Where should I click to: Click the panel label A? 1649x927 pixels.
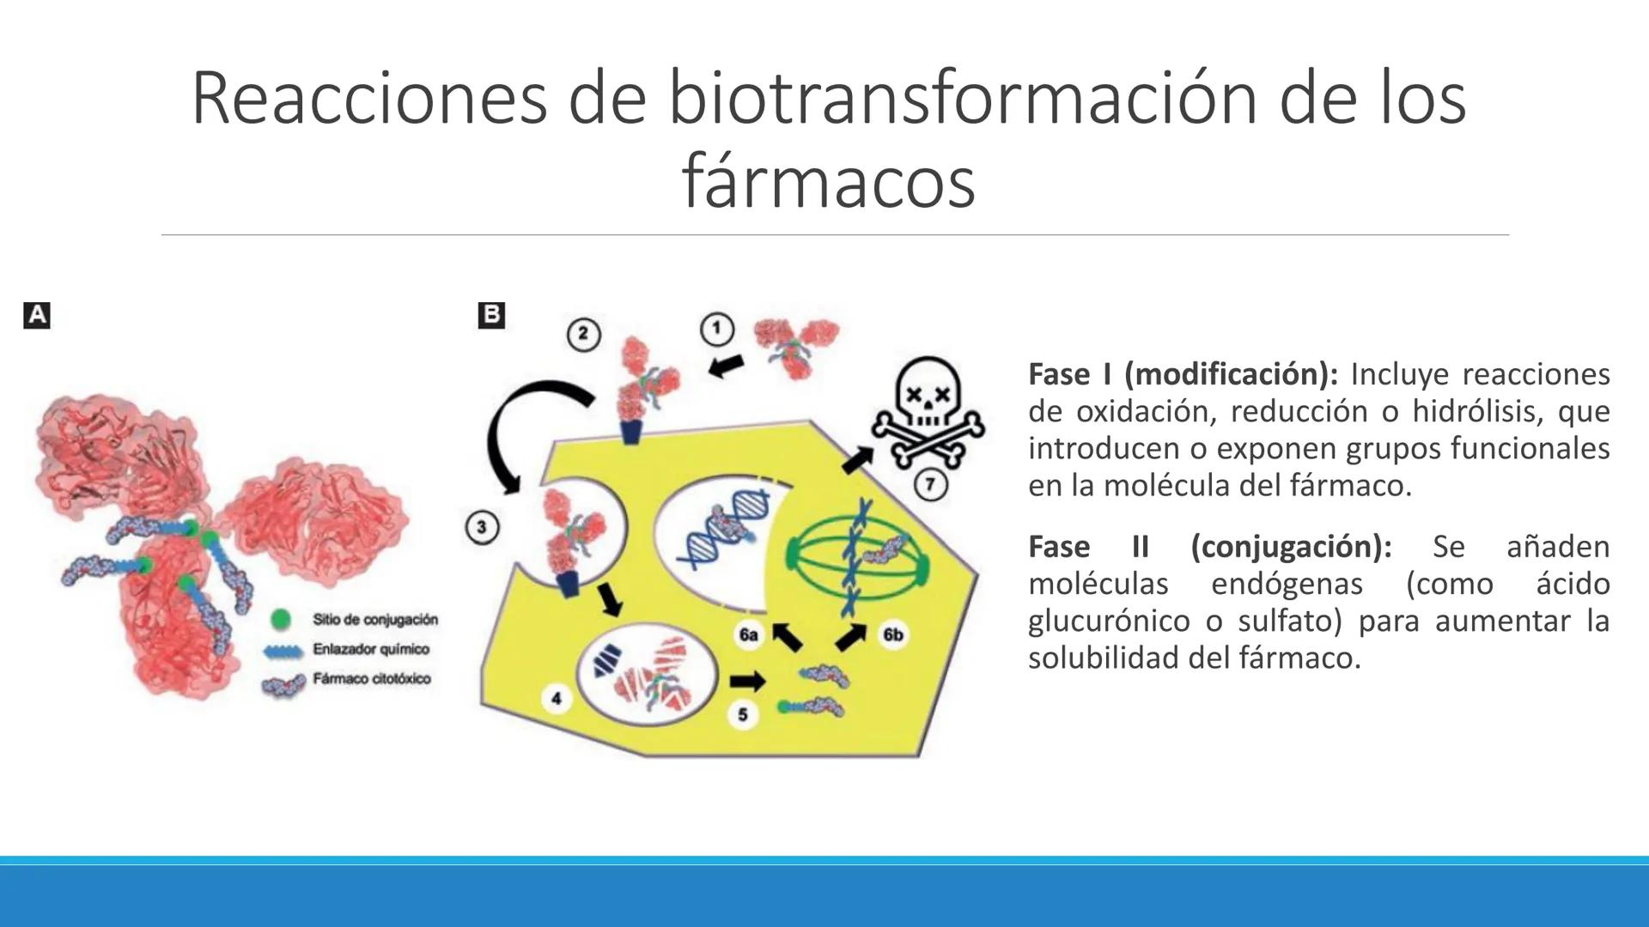pos(37,316)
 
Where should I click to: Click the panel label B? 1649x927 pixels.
pos(491,315)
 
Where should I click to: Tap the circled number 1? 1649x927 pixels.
pos(717,329)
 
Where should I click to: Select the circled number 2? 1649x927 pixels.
pos(583,334)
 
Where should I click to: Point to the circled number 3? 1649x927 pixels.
pos(481,526)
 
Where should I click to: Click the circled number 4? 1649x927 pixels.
pos(556,698)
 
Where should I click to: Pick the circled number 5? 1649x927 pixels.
pos(743,714)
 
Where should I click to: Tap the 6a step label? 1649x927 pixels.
pos(748,635)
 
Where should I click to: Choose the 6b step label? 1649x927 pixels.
pos(892,635)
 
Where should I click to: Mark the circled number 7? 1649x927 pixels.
pos(929,484)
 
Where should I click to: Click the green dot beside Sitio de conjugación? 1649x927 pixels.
pos(280,619)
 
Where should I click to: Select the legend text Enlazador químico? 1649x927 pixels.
pos(370,649)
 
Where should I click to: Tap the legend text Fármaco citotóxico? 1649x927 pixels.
pos(371,679)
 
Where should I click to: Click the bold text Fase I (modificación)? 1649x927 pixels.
pos(1183,374)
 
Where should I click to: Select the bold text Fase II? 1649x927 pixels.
pos(1088,547)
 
